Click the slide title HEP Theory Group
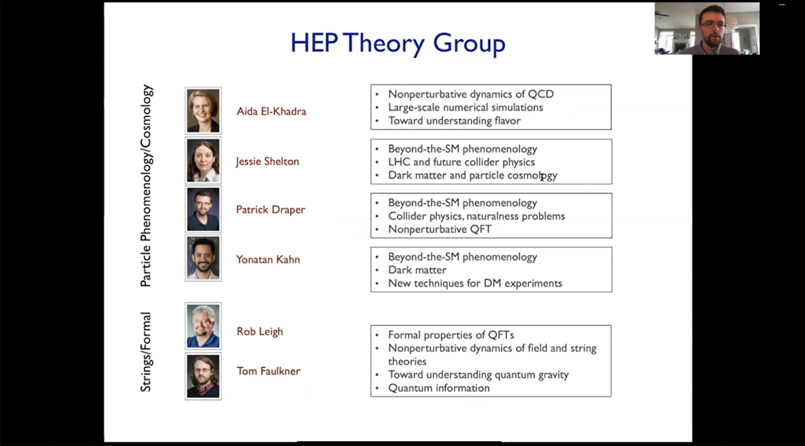pos(398,43)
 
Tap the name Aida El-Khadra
pos(271,112)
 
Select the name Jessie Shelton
pos(267,162)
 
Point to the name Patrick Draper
pos(271,210)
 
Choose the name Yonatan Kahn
pos(268,260)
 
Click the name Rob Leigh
pos(260,332)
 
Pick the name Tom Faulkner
pos(268,371)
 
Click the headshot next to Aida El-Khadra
pos(203,110)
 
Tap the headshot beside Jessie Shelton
pos(203,160)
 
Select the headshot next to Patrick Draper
pos(203,209)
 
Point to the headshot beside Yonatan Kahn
pos(203,258)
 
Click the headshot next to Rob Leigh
pos(203,326)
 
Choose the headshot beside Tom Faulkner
pos(203,377)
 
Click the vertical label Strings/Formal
pos(145,352)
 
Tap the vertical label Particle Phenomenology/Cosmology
pos(146,186)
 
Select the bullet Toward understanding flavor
pos(454,121)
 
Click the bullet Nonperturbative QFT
pos(440,229)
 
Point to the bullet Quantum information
pos(439,388)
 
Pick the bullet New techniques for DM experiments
pos(475,283)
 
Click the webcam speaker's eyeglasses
pos(713,25)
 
